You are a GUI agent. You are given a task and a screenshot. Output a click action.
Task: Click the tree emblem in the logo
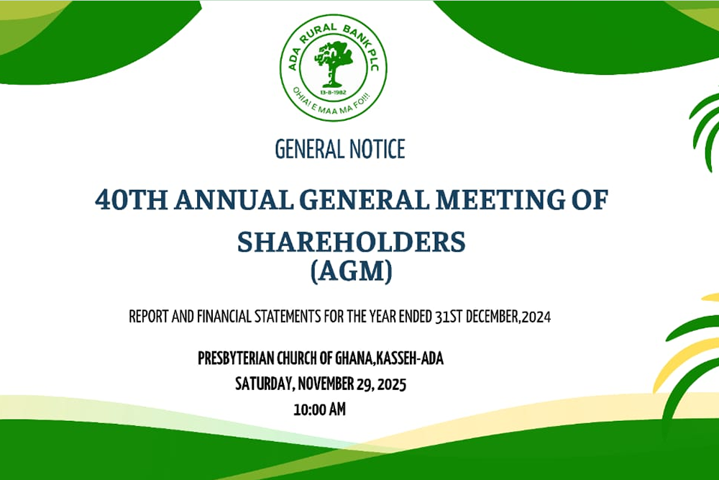pos(333,63)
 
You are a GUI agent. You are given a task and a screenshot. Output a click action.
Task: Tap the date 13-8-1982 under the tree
pos(334,93)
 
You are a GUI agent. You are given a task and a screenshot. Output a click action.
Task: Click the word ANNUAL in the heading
pos(234,200)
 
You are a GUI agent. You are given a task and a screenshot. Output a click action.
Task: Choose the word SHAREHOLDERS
pos(352,241)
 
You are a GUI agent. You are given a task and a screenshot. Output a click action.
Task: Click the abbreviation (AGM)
pos(352,271)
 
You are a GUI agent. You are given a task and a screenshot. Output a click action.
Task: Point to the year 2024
pos(536,317)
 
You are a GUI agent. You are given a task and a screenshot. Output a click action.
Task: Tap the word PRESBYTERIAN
pos(235,358)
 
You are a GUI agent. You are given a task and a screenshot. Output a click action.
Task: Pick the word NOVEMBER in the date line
pos(326,384)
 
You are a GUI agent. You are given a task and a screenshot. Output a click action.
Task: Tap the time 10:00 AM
pos(320,409)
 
